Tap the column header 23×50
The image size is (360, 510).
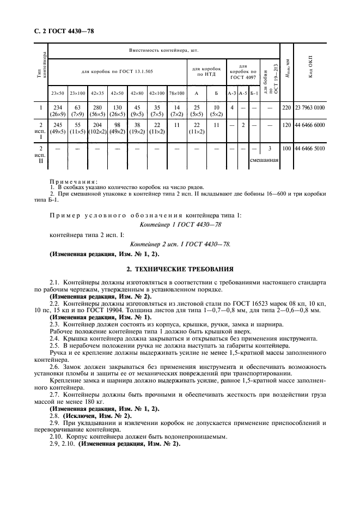(x=58, y=93)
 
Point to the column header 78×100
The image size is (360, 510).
(x=176, y=93)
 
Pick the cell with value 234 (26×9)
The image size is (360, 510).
(x=58, y=111)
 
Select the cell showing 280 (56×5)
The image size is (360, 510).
(x=98, y=111)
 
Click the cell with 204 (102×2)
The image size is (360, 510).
(x=98, y=129)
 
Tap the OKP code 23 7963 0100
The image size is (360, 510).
(x=310, y=108)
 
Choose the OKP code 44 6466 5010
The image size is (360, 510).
(x=310, y=148)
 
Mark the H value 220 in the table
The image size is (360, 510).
(x=286, y=108)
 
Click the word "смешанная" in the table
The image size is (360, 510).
(x=264, y=160)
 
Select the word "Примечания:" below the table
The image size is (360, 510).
(x=73, y=181)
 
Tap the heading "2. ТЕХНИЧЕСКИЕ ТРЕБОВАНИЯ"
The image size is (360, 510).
(x=180, y=269)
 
